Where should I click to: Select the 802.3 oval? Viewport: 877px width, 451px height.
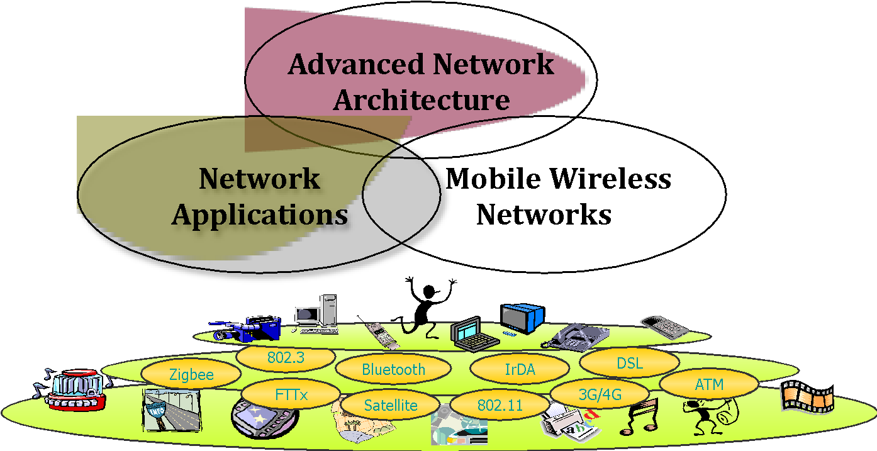point(286,358)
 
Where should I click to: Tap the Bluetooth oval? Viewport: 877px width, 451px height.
point(393,370)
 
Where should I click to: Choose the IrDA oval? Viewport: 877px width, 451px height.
point(520,370)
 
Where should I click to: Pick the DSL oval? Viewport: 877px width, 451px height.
point(629,364)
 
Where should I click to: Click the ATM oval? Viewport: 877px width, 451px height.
point(709,384)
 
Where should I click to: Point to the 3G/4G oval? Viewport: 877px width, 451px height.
point(600,395)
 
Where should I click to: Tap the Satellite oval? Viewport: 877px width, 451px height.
point(391,405)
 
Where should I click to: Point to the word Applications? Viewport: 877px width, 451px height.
point(260,215)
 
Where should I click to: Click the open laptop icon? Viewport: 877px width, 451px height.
point(473,335)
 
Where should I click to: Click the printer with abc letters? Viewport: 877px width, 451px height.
point(569,422)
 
